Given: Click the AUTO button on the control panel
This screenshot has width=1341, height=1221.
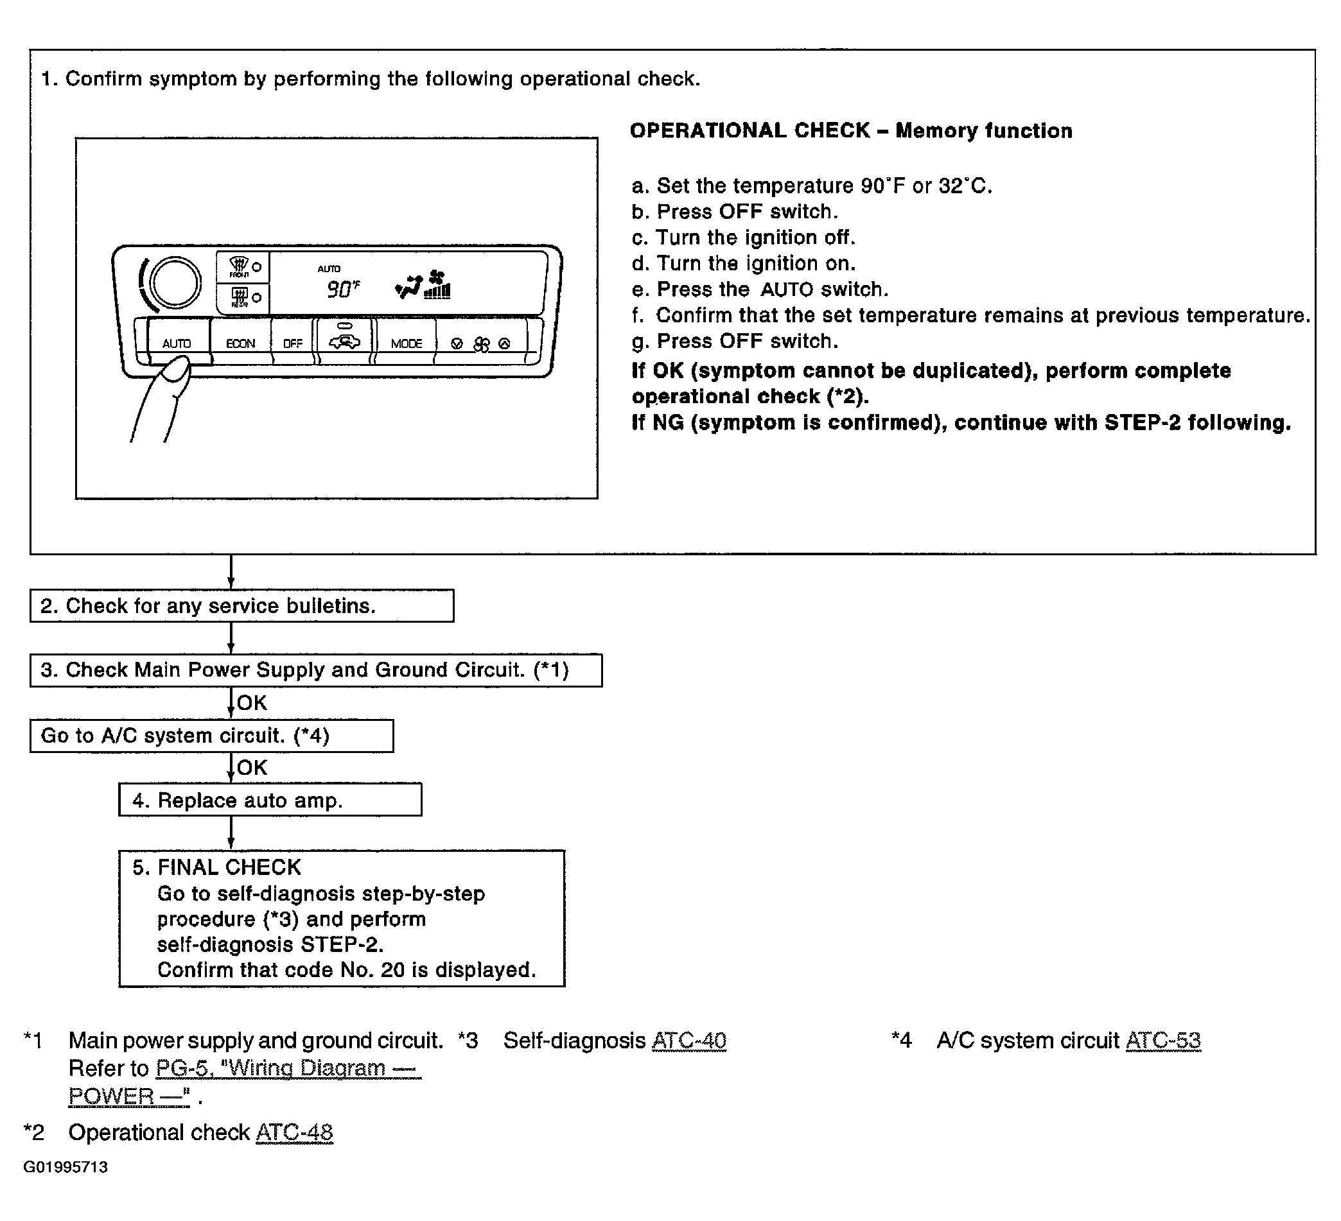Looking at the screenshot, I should (177, 343).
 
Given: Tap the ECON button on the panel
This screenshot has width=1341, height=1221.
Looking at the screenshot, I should (240, 343).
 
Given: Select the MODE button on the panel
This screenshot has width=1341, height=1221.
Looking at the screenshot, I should (407, 343).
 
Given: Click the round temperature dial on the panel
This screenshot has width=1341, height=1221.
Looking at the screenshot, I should (175, 282).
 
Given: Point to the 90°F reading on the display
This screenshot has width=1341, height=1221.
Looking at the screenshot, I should (342, 290).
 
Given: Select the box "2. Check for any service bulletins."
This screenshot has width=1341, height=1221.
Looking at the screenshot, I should (241, 606).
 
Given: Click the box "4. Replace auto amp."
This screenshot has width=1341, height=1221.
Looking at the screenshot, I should (270, 800).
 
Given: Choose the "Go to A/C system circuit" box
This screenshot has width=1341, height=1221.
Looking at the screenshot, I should (211, 736).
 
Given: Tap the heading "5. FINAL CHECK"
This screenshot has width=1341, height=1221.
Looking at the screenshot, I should (217, 867).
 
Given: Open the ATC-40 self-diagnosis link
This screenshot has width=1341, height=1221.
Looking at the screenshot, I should (688, 1040).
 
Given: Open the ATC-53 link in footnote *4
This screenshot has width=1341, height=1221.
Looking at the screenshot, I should (1162, 1040).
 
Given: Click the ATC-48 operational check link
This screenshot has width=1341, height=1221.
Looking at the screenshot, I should (294, 1132).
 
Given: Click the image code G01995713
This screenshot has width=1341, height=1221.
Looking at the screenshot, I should (66, 1167).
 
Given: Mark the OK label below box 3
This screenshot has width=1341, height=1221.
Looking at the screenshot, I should (252, 703).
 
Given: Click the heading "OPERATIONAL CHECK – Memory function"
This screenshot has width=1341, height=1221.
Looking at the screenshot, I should (851, 130).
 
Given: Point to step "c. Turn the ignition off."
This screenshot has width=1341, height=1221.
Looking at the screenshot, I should (743, 238).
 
